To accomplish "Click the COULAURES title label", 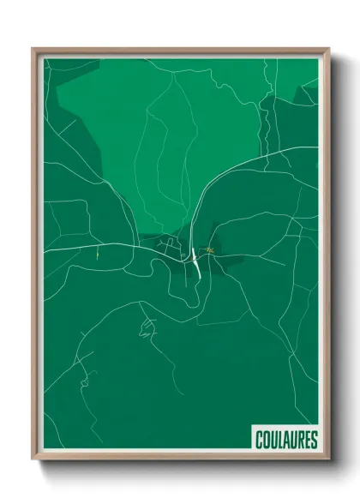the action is [286, 440].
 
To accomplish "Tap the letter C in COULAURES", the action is [259, 440].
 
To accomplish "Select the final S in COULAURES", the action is [314, 440].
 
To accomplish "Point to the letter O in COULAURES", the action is [266, 440].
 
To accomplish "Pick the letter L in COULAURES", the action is [280, 440].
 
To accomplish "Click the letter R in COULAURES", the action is [300, 440].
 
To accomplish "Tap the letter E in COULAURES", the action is [307, 440].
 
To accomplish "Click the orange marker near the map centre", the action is [208, 250].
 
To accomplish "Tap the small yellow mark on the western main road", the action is [99, 252].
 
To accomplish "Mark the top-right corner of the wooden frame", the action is [328, 50].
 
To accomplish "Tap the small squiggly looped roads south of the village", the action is [147, 327].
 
